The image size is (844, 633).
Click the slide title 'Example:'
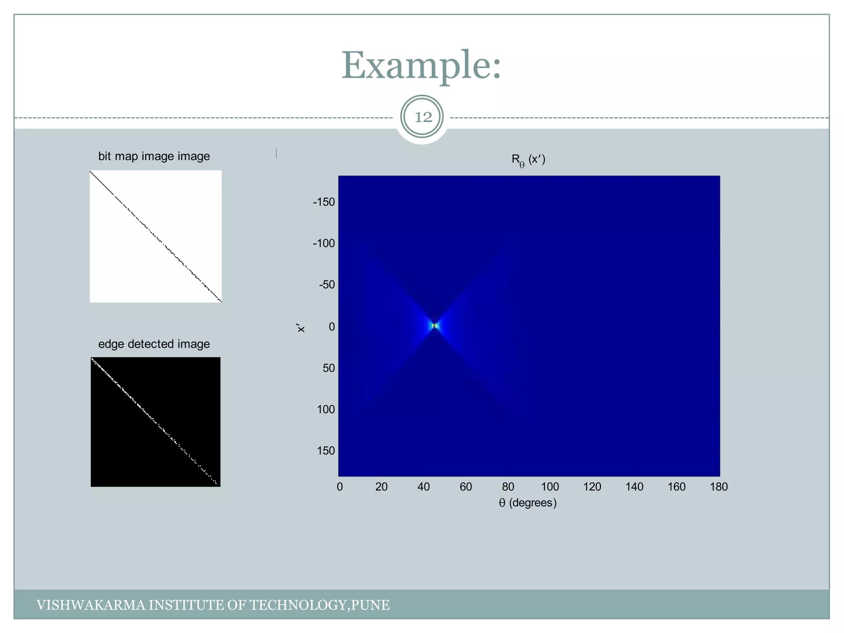[421, 66]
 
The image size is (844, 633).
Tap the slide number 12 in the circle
[422, 117]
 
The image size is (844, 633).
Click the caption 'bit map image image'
[154, 157]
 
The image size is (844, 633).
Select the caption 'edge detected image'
[154, 344]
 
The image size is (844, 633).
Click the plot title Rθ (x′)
[528, 160]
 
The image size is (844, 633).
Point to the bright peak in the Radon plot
[434, 326]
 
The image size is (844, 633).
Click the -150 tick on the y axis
[324, 202]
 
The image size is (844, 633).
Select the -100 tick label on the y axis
[324, 244]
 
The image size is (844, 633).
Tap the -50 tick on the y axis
[327, 285]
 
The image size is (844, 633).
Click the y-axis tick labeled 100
[326, 409]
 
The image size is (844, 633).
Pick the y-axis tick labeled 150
[326, 451]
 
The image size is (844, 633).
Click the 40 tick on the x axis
[424, 487]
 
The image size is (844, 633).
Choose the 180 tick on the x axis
[719, 487]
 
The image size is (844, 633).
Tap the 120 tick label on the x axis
[592, 487]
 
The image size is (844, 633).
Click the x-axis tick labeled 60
[466, 487]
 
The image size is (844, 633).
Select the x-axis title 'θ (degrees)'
[527, 503]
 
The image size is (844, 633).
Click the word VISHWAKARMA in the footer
[91, 605]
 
